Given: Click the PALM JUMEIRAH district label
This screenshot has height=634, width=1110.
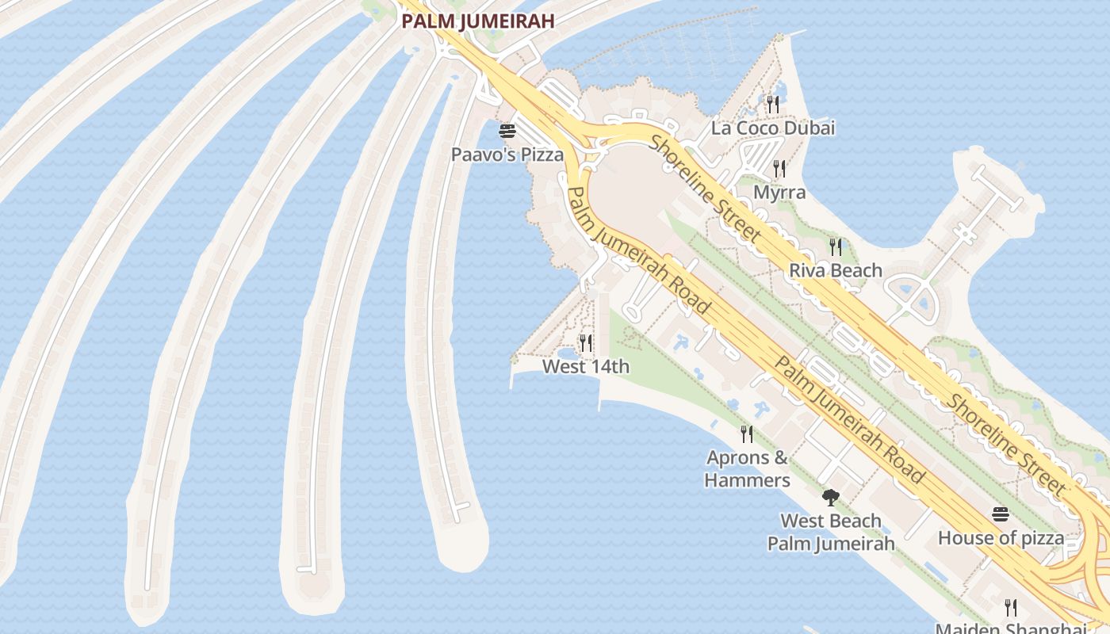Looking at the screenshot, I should pos(477,21).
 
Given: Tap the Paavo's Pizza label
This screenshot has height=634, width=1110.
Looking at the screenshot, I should pos(507,155).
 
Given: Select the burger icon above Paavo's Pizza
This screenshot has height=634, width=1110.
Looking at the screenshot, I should pos(507,131).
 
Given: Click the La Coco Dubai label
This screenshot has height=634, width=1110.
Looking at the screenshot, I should pos(773,128).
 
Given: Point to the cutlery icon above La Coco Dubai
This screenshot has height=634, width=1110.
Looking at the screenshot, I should pos(773,104).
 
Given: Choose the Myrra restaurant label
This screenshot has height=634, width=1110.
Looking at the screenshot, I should pos(779,192).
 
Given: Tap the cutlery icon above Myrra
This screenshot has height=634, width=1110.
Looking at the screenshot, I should pos(779,168).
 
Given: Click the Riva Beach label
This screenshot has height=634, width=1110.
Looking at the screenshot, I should pos(836,270).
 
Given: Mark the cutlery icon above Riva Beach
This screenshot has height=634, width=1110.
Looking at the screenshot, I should pos(836,246).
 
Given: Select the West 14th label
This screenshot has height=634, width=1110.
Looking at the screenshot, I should pos(586,366).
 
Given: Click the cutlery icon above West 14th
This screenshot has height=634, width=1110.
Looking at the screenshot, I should pos(586,342).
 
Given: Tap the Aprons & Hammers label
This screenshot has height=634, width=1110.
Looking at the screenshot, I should pos(747,468).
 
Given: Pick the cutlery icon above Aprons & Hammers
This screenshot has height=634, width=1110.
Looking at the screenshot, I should pos(747,433).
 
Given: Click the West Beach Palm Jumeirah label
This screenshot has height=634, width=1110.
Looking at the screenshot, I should pos(831,532).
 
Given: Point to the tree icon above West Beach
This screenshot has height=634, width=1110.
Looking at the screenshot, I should pos(831,498).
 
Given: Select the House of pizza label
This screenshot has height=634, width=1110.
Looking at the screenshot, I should pos(1001,538).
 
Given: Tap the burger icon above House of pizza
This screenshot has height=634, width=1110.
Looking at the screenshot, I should pos(1001,514).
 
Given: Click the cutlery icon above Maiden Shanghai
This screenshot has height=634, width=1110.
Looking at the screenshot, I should pos(1011,608).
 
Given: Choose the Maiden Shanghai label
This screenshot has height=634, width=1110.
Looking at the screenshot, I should pos(1011,628).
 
